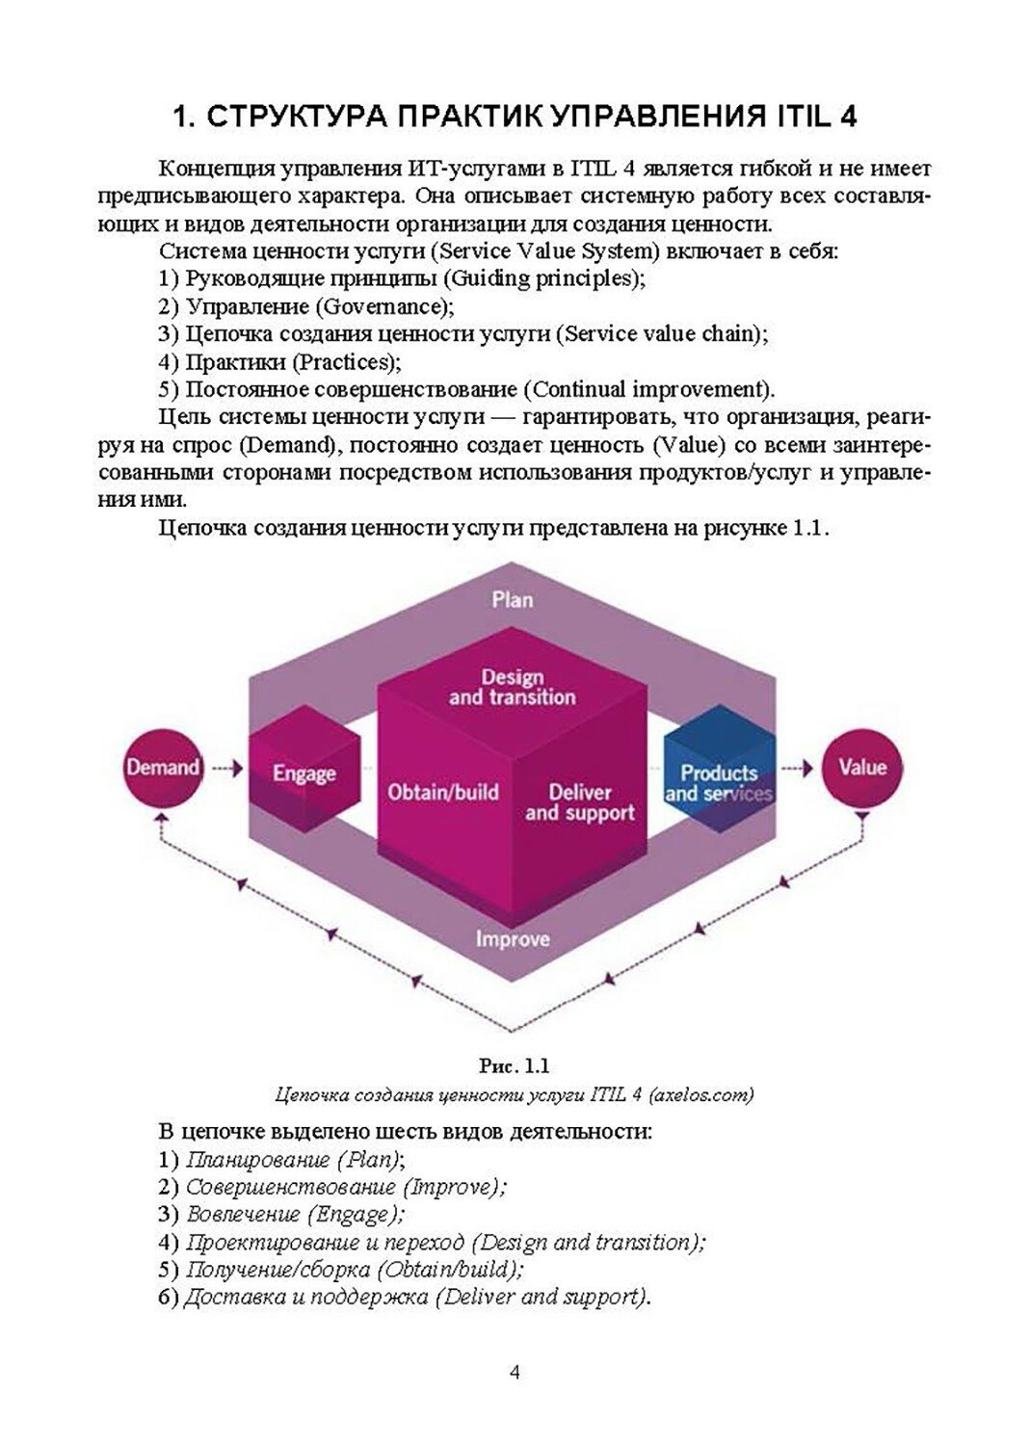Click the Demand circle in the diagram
coord(163,768)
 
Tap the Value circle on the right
coord(861,768)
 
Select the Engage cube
coord(304,773)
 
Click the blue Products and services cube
coord(719,781)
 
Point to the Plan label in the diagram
coord(512,599)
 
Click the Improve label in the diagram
coord(512,938)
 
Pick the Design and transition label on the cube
coord(512,687)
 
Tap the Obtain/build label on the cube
coord(443,792)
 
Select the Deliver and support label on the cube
coord(580,802)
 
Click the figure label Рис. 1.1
coord(514,1065)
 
